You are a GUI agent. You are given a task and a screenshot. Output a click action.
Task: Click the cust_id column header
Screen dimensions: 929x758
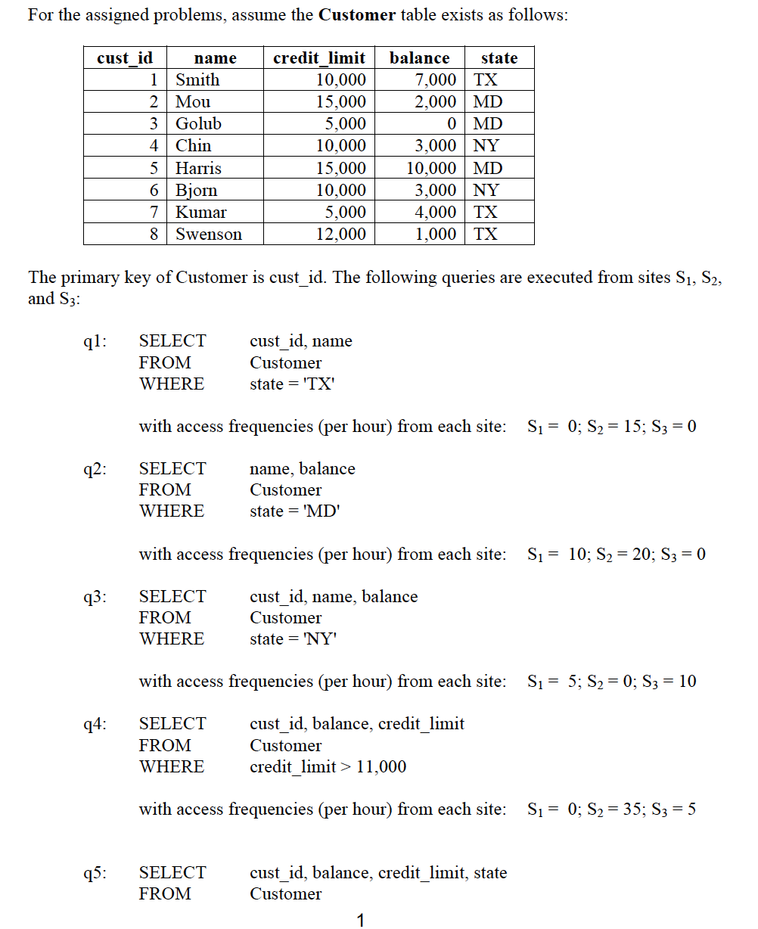point(125,58)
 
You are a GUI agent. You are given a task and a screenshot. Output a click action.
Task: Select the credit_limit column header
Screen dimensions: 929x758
point(318,58)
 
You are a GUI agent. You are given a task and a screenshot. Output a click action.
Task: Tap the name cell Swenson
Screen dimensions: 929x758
point(209,235)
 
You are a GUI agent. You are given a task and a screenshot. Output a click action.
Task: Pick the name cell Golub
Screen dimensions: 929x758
point(198,124)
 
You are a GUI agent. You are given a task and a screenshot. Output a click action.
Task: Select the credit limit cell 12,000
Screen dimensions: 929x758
point(340,235)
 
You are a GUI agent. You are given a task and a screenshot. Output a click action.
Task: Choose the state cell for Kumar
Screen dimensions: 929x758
point(486,213)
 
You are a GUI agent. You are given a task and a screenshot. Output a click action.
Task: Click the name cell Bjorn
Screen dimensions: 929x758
point(196,191)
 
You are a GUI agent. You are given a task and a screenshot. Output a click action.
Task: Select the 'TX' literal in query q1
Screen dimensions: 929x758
point(318,384)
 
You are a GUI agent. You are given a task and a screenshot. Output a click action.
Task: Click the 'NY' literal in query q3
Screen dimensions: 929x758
point(318,639)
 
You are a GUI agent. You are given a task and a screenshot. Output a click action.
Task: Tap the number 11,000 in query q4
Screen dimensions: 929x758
point(381,767)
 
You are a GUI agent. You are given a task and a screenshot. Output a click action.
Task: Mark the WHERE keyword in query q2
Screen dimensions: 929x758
point(172,511)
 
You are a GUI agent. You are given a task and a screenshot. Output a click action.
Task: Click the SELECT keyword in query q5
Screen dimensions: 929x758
point(172,873)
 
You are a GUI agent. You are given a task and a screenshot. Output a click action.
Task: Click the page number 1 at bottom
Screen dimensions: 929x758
point(360,920)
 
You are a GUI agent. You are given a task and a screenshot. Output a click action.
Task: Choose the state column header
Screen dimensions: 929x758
point(499,58)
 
